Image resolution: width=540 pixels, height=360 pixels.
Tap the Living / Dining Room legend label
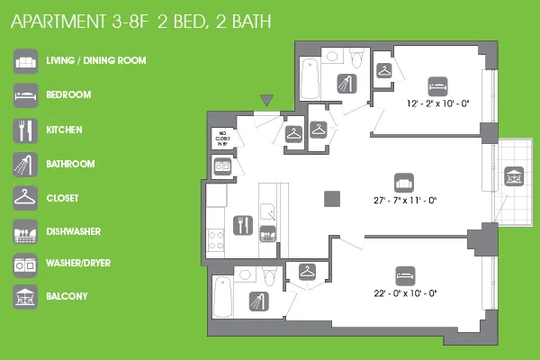click(95, 61)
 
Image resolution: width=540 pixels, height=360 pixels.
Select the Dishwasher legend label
click(73, 231)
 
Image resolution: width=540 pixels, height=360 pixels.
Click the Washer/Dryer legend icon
click(25, 265)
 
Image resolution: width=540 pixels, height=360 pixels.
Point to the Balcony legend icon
click(25, 297)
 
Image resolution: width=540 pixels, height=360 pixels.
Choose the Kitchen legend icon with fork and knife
click(25, 130)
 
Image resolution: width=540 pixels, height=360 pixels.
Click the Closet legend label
click(61, 198)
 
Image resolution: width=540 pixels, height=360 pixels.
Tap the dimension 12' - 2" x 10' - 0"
click(437, 103)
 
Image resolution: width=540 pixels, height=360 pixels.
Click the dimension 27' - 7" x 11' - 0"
click(403, 199)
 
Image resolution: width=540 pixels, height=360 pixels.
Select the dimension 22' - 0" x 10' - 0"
click(404, 292)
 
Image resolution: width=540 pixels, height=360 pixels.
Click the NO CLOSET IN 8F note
click(222, 139)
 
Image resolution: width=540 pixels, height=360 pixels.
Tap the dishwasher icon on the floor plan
click(267, 237)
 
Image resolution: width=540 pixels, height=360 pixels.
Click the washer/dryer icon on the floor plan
click(221, 166)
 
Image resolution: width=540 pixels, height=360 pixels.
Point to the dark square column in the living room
click(333, 199)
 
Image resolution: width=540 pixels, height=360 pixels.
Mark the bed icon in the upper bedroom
click(437, 84)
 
